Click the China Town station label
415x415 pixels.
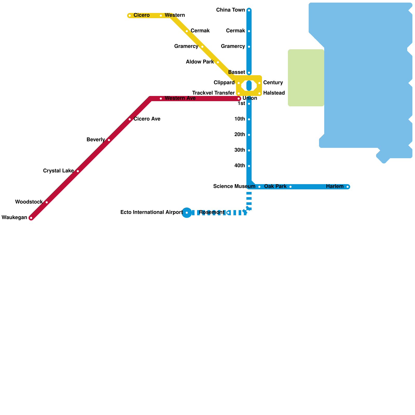(x=230, y=10)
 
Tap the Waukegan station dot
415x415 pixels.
(x=31, y=218)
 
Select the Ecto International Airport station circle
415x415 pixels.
(x=187, y=213)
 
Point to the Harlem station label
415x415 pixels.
(x=335, y=186)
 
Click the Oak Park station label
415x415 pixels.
(x=275, y=186)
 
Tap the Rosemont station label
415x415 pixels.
(x=211, y=212)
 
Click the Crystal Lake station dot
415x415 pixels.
(x=78, y=171)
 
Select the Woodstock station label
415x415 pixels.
(x=29, y=202)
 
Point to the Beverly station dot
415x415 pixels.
(x=109, y=140)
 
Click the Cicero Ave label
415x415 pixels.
(x=147, y=119)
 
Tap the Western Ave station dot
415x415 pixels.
(x=161, y=99)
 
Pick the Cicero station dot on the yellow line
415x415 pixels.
(x=130, y=16)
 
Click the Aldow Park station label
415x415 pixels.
(x=200, y=62)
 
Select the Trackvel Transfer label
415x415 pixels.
(x=213, y=93)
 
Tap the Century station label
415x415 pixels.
(x=273, y=83)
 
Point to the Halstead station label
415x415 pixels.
(x=274, y=93)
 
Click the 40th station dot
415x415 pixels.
(x=249, y=166)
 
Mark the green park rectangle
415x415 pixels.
(x=306, y=78)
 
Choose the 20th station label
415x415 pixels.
(x=239, y=135)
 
